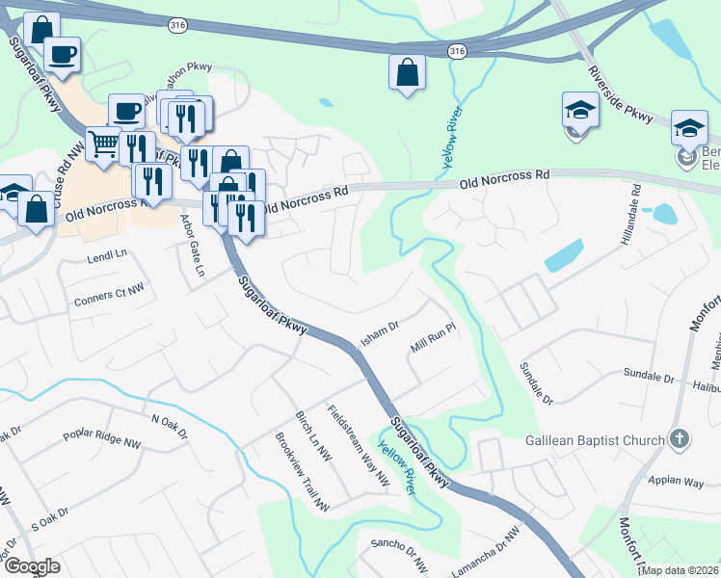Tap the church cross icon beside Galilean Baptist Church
coord(680,439)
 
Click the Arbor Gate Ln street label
coord(194,245)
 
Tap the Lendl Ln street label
coord(107,257)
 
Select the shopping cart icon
coord(103,144)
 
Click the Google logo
coord(32,566)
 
